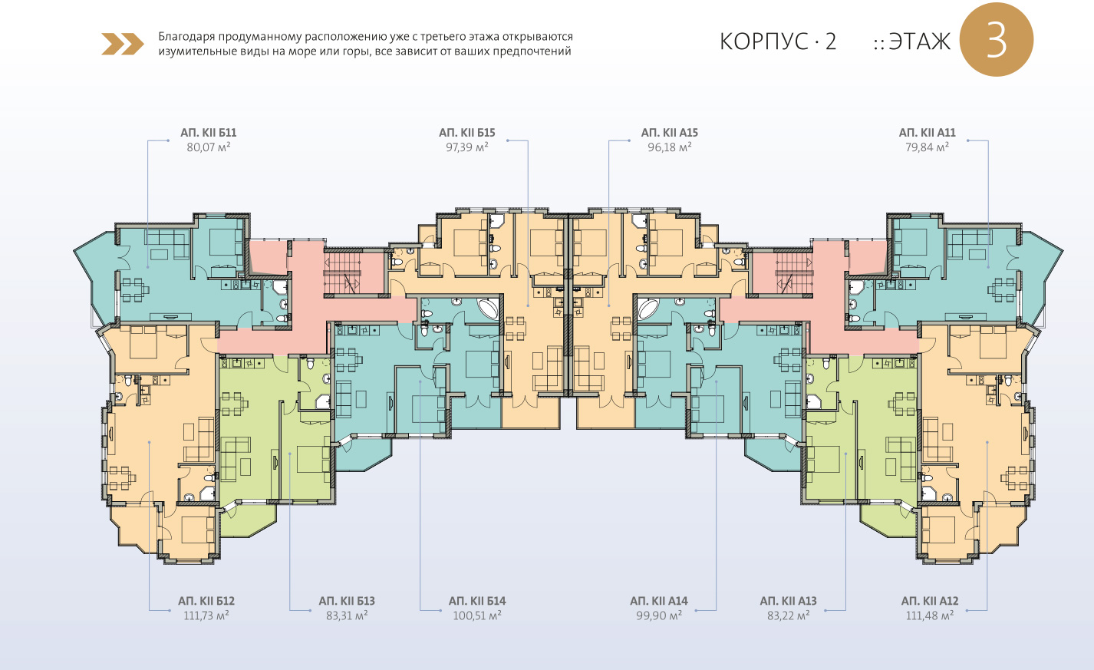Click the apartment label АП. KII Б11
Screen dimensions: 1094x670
(x=209, y=133)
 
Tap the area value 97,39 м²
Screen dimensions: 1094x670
(x=467, y=147)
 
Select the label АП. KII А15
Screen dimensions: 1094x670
(x=670, y=133)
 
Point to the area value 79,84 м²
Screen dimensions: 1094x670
(x=927, y=147)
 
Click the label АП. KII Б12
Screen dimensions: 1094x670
(x=206, y=601)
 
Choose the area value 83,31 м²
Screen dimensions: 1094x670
(x=347, y=616)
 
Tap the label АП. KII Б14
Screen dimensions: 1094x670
(x=477, y=601)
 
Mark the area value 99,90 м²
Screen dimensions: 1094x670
(x=659, y=616)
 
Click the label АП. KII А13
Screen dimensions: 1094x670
(x=788, y=601)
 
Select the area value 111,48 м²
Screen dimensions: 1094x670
(x=930, y=616)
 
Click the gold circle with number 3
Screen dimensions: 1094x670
(x=997, y=40)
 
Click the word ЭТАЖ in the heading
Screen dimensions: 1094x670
(x=920, y=41)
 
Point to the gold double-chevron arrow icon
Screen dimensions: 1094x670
(x=123, y=44)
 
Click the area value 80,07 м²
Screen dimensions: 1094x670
(x=209, y=147)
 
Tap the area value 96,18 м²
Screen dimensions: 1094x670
(x=670, y=147)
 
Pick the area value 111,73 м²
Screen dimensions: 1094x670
(x=206, y=616)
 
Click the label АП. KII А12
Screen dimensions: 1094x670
(x=930, y=601)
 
